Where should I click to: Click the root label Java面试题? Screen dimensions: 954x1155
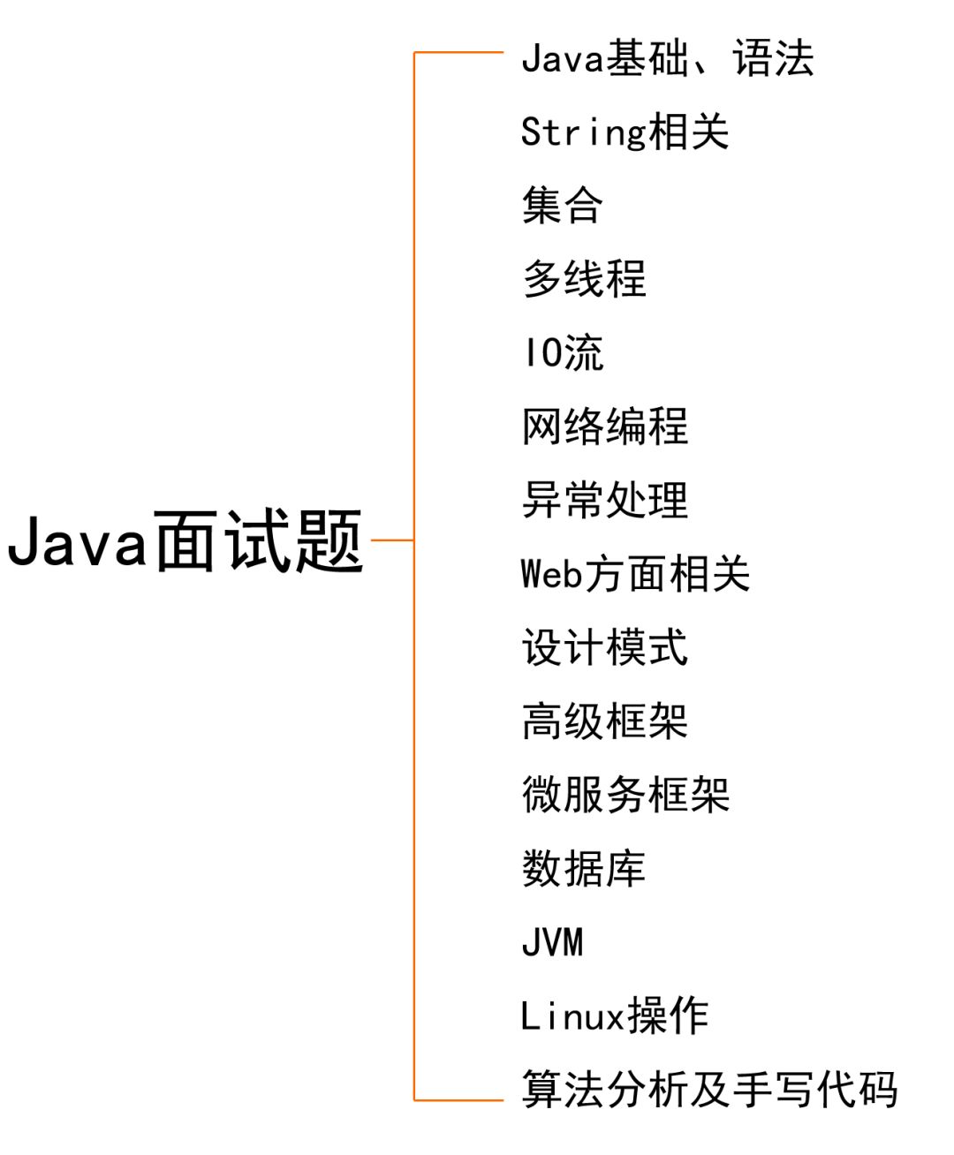(x=185, y=540)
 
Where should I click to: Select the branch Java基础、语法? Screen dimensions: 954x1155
(x=667, y=58)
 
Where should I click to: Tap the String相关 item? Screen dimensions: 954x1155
(x=625, y=132)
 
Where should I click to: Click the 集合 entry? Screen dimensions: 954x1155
(x=562, y=206)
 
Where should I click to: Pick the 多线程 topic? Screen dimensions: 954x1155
(x=584, y=279)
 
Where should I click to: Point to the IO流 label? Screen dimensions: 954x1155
(x=562, y=353)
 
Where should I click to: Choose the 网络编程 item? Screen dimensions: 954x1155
(x=605, y=427)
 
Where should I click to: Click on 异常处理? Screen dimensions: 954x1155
(x=605, y=500)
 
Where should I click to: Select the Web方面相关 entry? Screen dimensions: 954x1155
(x=635, y=574)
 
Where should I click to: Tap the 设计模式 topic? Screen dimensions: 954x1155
(x=605, y=647)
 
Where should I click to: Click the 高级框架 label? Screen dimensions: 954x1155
(x=605, y=721)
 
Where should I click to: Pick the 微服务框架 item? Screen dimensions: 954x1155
(x=625, y=795)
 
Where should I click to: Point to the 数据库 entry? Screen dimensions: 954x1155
(x=584, y=868)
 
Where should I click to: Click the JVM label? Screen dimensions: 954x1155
(x=552, y=942)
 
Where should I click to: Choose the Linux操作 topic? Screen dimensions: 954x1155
(x=615, y=1015)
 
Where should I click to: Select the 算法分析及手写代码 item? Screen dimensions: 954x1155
(x=709, y=1089)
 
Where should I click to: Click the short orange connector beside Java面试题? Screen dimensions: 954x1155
(x=392, y=540)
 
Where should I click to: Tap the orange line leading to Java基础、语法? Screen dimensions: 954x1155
(x=459, y=53)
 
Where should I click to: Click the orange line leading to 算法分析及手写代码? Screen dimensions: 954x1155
(x=459, y=1100)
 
